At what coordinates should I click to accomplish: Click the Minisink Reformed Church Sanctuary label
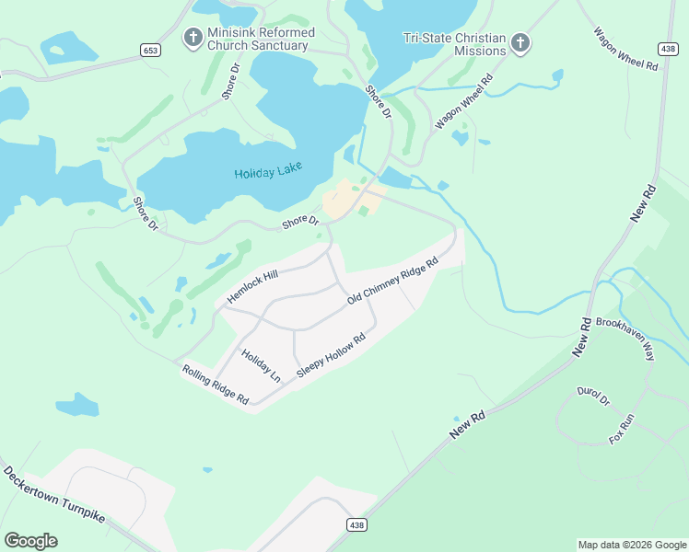click(x=261, y=39)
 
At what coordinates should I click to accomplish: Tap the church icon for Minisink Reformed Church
click(x=193, y=38)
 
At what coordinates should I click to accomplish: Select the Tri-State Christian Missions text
click(x=455, y=44)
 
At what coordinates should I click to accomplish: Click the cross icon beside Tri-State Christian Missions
click(x=520, y=42)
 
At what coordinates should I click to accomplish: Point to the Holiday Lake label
click(x=269, y=173)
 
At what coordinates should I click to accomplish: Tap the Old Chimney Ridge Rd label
click(x=391, y=282)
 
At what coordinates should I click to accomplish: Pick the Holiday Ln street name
click(x=261, y=365)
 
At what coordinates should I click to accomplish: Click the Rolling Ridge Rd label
click(x=216, y=385)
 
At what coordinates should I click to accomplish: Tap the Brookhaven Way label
click(x=625, y=338)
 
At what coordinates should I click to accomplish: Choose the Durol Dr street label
click(x=593, y=396)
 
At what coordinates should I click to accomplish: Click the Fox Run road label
click(x=622, y=428)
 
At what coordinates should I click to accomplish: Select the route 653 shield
click(x=150, y=51)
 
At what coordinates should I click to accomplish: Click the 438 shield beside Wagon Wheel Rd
click(x=667, y=47)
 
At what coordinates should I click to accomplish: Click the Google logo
click(x=30, y=541)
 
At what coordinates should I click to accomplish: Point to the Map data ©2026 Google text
click(x=631, y=545)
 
